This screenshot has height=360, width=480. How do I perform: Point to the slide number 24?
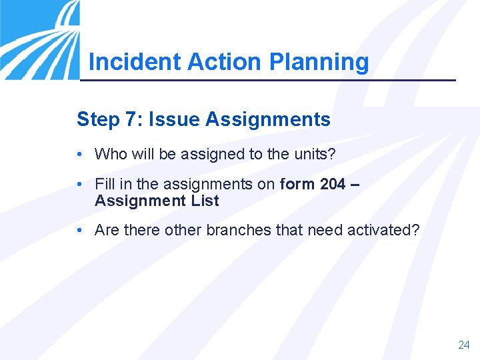463,345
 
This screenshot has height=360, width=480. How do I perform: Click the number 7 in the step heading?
131,119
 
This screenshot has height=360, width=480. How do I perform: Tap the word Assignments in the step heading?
268,119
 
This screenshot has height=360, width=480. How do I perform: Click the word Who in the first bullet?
110,154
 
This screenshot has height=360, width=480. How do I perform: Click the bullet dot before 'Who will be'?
79,154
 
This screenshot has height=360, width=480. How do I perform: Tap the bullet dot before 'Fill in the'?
79,184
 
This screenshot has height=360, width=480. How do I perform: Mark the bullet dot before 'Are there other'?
79,230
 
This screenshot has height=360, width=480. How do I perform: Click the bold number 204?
333,184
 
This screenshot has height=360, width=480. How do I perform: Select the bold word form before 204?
297,184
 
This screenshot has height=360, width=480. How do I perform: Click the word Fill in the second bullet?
105,184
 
